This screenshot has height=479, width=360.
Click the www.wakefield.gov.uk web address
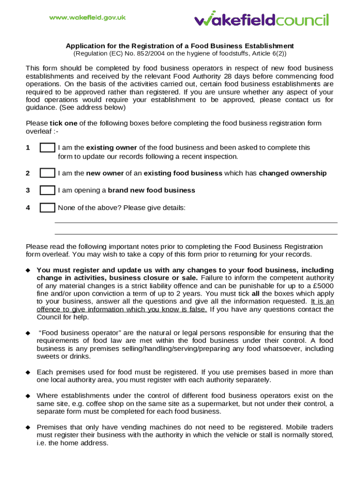click(x=88, y=18)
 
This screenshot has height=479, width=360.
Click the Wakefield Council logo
click(x=261, y=19)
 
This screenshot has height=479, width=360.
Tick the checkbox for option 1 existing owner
click(x=47, y=148)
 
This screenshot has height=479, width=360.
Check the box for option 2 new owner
click(x=47, y=173)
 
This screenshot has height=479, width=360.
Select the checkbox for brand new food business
click(x=47, y=190)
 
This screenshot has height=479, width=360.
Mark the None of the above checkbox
click(x=47, y=208)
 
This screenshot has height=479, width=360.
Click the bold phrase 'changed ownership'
click(x=293, y=173)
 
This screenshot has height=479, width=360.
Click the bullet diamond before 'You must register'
click(x=28, y=270)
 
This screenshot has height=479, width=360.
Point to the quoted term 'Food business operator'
click(x=75, y=333)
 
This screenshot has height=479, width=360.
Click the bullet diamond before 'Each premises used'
click(x=28, y=372)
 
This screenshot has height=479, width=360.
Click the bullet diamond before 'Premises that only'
click(x=28, y=427)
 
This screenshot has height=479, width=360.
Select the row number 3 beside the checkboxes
click(x=28, y=190)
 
